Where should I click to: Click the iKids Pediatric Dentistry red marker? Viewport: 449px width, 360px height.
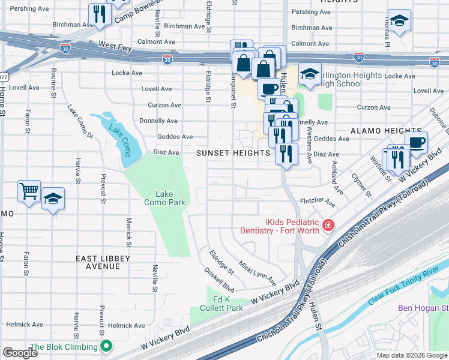pyautogui.click(x=328, y=226)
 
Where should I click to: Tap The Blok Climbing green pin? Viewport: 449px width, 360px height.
pyautogui.click(x=107, y=346)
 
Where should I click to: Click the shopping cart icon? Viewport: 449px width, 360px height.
pyautogui.click(x=29, y=191)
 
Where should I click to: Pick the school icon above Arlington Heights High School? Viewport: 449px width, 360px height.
pyautogui.click(x=310, y=74)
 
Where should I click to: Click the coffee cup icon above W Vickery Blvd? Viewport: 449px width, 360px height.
pyautogui.click(x=416, y=143)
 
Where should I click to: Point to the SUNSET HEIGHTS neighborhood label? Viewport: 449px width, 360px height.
pyautogui.click(x=234, y=153)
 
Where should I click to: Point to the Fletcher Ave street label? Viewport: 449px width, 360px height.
pyautogui.click(x=316, y=202)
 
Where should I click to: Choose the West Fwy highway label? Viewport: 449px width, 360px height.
pyautogui.click(x=115, y=45)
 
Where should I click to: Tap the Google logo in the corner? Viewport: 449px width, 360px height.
pyautogui.click(x=20, y=353)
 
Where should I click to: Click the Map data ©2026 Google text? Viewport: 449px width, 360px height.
pyautogui.click(x=412, y=355)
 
